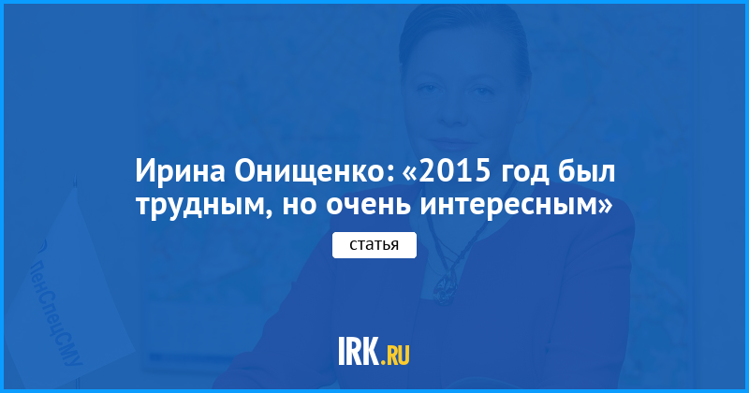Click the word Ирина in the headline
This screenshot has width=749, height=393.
(180, 171)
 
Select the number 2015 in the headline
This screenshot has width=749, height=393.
(457, 171)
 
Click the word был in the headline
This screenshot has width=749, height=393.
(587, 171)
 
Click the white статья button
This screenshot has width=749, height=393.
(374, 245)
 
